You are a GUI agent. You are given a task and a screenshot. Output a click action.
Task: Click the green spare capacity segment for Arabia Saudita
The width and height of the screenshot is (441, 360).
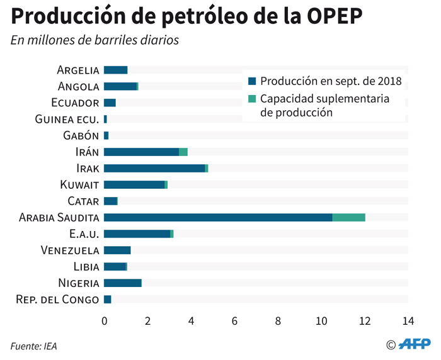click(x=348, y=217)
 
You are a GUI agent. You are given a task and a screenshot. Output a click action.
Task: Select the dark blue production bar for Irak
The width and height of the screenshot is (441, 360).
click(x=154, y=168)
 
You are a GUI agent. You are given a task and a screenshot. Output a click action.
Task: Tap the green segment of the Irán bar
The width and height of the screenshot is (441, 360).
click(x=183, y=152)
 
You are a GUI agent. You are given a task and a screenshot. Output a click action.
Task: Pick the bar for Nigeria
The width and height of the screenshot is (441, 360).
click(x=123, y=283)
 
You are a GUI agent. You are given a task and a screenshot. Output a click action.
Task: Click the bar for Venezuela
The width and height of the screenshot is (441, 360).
click(x=117, y=250)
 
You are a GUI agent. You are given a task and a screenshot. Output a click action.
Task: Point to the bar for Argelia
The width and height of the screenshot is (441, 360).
click(x=115, y=70)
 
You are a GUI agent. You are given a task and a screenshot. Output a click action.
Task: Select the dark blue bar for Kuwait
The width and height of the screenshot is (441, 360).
click(x=134, y=184)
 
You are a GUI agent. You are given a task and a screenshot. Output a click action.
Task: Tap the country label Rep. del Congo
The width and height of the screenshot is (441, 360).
click(x=57, y=299)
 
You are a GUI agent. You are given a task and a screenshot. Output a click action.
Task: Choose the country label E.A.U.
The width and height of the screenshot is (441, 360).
click(x=84, y=233)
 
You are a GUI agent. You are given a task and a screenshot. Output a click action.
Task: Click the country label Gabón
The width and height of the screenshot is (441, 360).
click(x=81, y=135)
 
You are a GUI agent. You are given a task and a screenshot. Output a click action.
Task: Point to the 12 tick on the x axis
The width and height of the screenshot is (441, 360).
click(x=365, y=321)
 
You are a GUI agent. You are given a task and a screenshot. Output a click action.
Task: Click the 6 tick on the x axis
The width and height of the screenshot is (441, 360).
click(x=234, y=321)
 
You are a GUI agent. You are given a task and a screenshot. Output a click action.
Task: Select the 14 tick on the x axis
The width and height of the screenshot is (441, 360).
click(x=408, y=321)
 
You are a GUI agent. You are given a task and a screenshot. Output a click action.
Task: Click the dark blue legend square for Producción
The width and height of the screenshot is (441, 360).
click(x=253, y=81)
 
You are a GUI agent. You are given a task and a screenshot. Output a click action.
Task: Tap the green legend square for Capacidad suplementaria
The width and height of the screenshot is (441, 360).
click(x=253, y=99)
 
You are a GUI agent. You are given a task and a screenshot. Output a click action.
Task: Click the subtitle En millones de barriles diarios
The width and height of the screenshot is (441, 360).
click(x=94, y=40)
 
